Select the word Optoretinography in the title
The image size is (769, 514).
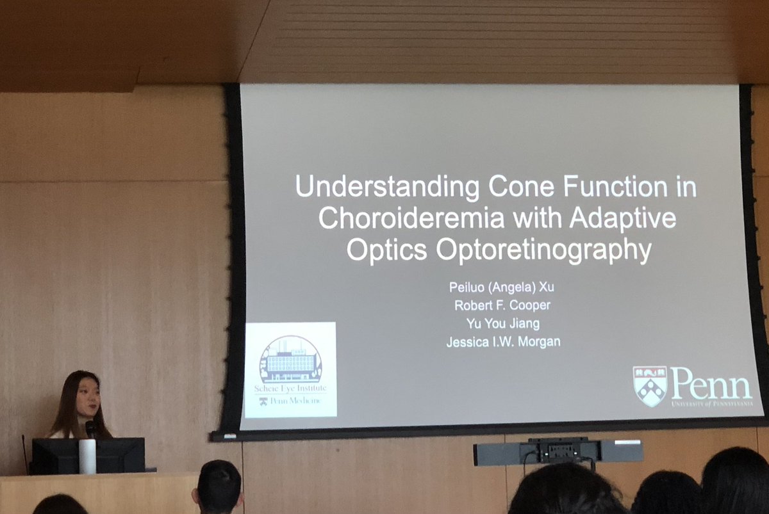click(543, 250)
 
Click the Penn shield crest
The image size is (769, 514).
click(649, 386)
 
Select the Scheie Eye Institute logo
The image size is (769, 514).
click(290, 369)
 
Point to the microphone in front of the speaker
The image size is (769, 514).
click(91, 428)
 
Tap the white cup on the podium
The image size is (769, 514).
click(87, 456)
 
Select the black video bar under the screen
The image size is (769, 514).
click(558, 452)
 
